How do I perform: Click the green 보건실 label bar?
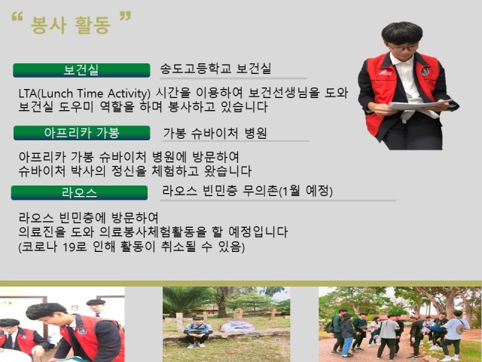pos(81,70)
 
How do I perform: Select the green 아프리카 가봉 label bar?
pos(82,133)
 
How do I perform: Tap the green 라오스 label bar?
pos(79,193)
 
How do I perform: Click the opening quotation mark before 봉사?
pos(17,17)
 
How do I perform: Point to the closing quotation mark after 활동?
pos(125,16)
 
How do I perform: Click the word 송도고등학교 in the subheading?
pos(196,69)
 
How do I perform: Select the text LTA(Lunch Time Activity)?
pos(84,94)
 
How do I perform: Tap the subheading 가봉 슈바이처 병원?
pos(215,133)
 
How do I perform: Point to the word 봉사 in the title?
pos(48,25)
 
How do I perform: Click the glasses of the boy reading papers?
pos(403,48)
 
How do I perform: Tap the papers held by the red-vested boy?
pos(419,107)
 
